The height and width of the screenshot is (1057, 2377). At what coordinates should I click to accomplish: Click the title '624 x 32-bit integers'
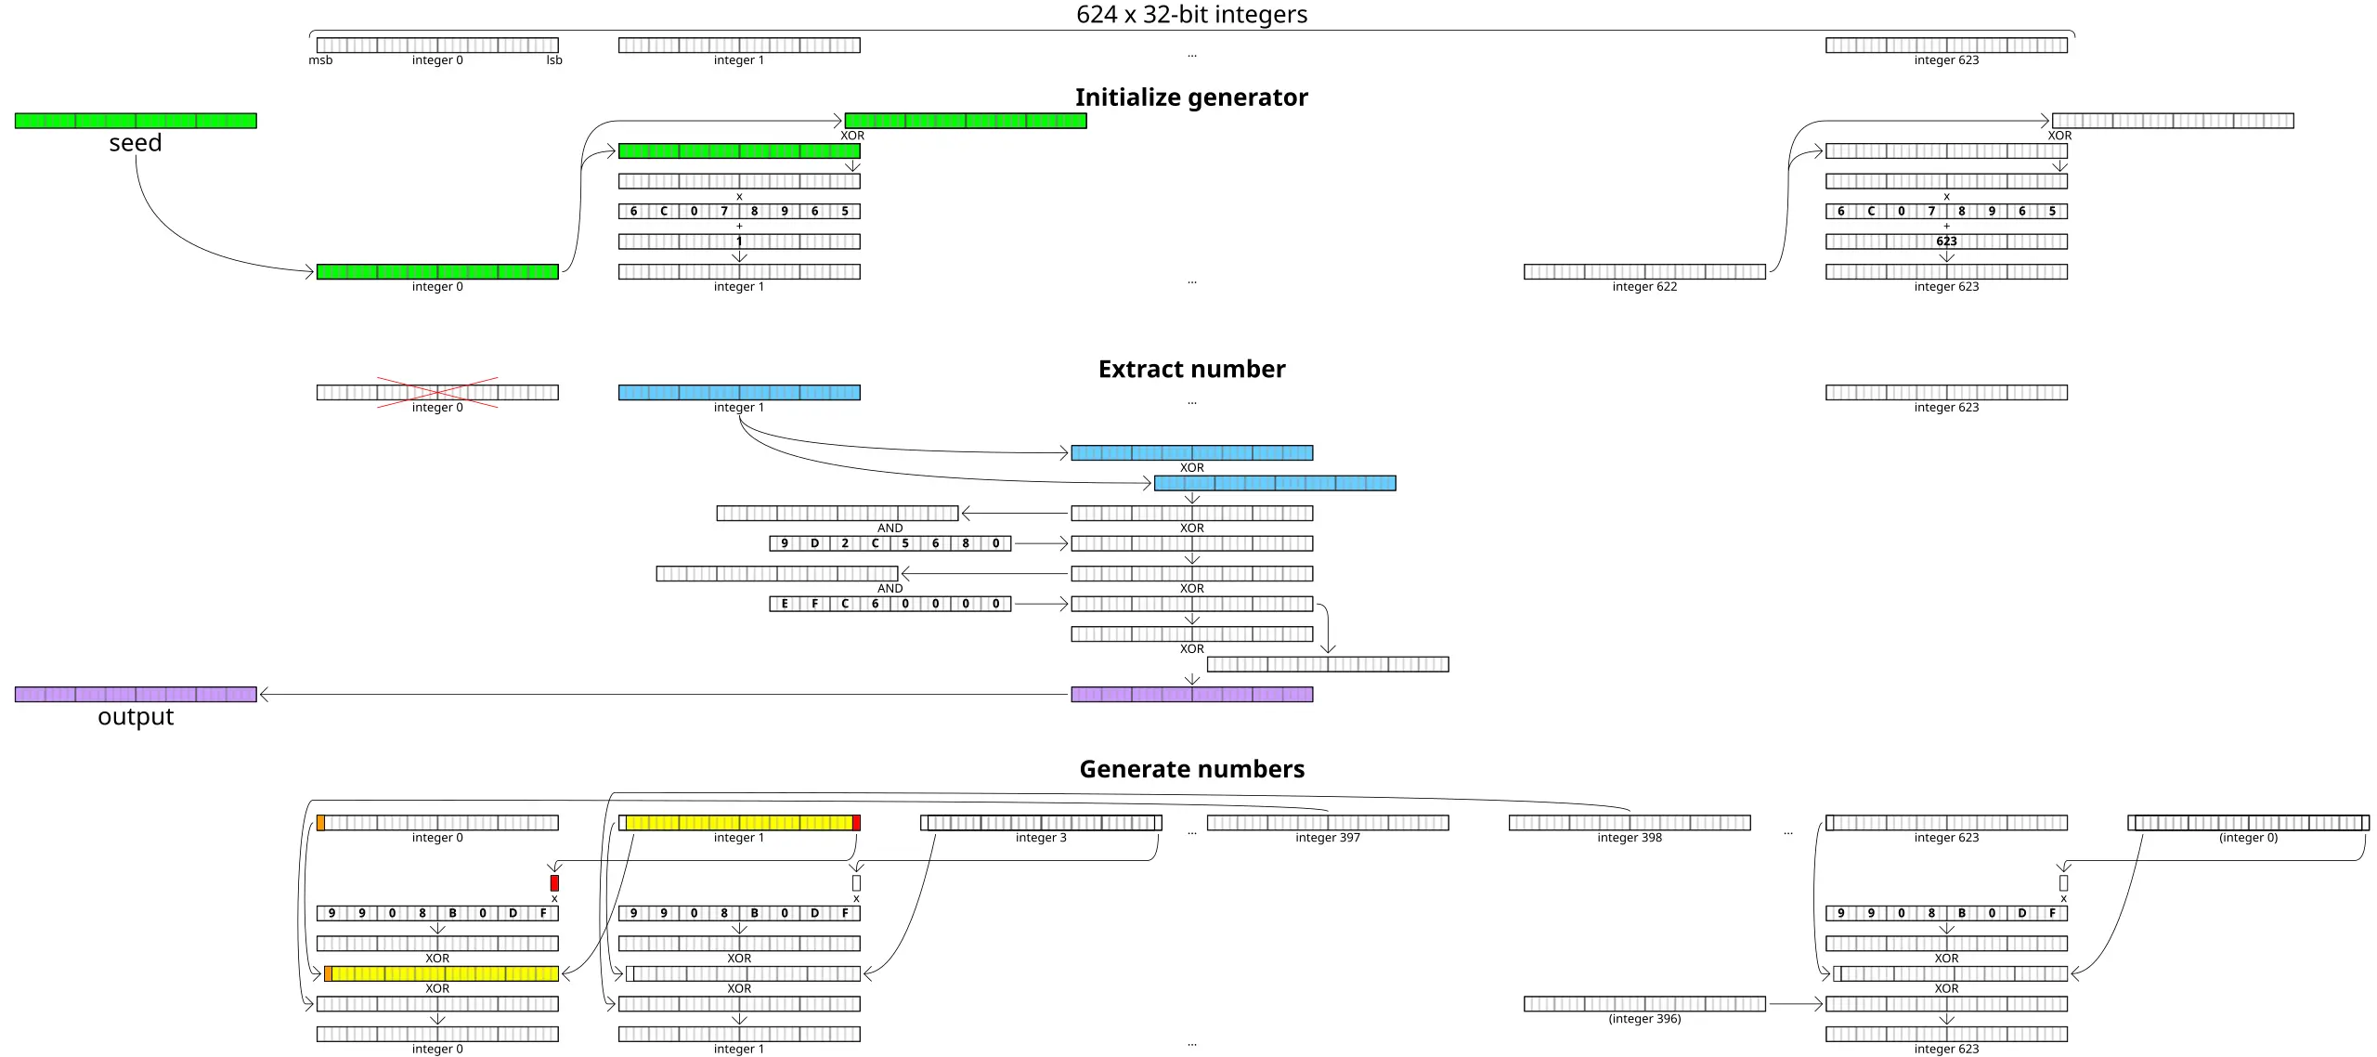pos(1191,15)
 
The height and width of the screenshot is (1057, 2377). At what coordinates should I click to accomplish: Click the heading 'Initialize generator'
pos(1191,98)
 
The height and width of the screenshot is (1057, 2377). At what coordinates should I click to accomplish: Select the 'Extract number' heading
pos(1191,370)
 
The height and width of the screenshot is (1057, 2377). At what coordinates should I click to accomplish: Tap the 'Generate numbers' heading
pos(1191,769)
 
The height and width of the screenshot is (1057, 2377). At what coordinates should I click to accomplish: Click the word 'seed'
pos(136,143)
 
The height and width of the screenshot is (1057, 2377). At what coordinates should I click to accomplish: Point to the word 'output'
pos(136,717)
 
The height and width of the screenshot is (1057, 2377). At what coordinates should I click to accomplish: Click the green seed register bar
pos(136,121)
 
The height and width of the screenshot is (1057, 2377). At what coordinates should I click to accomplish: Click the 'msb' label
pos(320,60)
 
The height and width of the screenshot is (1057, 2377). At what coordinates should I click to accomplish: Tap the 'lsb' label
pos(554,60)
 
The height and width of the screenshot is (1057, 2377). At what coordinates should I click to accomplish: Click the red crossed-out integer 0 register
pos(437,393)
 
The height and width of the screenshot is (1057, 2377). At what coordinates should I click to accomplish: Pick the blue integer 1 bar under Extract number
pos(739,393)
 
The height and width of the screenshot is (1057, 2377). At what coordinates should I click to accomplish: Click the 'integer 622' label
pos(1644,287)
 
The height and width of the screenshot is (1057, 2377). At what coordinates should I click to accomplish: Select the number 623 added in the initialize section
pos(1946,241)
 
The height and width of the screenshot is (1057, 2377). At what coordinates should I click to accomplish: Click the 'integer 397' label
pos(1328,838)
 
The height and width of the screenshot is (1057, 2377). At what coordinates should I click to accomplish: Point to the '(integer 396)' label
pos(1644,1019)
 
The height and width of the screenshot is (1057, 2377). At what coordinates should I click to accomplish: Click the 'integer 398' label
pos(1630,838)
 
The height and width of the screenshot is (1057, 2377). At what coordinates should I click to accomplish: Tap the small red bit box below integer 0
pos(554,882)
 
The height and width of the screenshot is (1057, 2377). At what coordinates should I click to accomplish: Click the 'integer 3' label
pos(1041,838)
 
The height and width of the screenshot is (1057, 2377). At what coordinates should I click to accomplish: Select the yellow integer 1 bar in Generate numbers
pos(739,823)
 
